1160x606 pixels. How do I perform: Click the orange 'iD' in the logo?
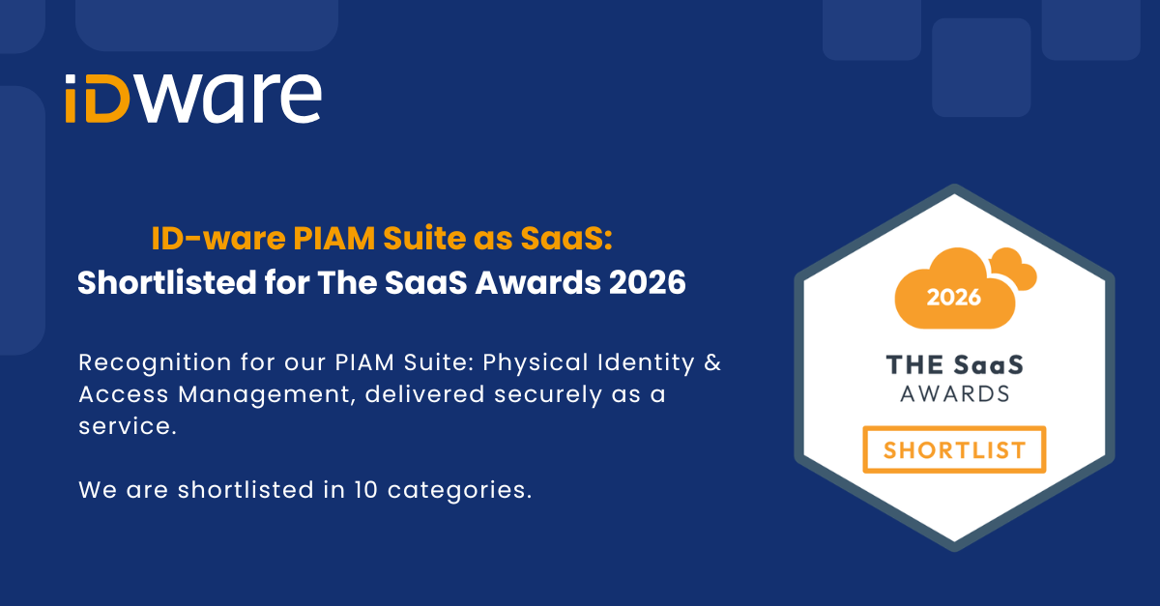(x=97, y=99)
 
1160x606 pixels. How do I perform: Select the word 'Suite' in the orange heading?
(x=424, y=239)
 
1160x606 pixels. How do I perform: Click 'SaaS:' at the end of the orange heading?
(x=566, y=239)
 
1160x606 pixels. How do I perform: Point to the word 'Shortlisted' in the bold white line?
(x=166, y=283)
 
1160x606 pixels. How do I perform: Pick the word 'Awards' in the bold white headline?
(x=538, y=283)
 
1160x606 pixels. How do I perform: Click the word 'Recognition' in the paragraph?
(x=155, y=363)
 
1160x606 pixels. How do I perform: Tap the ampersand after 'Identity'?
(x=712, y=362)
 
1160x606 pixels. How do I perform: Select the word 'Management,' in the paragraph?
(x=267, y=395)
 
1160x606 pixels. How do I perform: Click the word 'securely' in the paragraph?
(x=548, y=395)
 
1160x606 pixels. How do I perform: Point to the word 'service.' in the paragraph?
(x=128, y=426)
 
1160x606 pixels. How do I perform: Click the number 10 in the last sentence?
(x=366, y=490)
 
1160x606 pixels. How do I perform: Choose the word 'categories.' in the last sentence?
(x=459, y=491)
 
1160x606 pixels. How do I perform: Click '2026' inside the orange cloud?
(x=953, y=298)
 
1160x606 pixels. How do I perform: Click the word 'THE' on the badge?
(x=914, y=365)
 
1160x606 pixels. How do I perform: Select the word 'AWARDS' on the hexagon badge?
(x=955, y=394)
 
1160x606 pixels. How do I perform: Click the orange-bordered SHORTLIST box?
(x=954, y=427)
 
